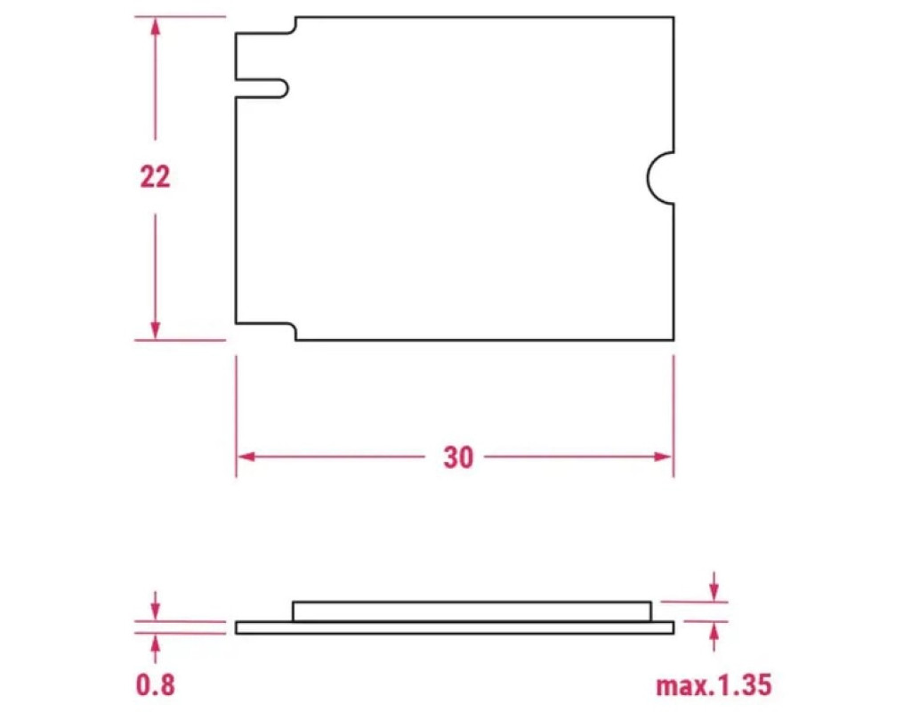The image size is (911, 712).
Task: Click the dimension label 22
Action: point(155,177)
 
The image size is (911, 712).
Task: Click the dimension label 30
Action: point(458,457)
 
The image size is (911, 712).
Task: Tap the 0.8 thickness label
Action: point(155,684)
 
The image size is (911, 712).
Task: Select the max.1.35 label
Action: point(714,685)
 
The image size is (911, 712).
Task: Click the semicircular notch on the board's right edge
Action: point(649,178)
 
